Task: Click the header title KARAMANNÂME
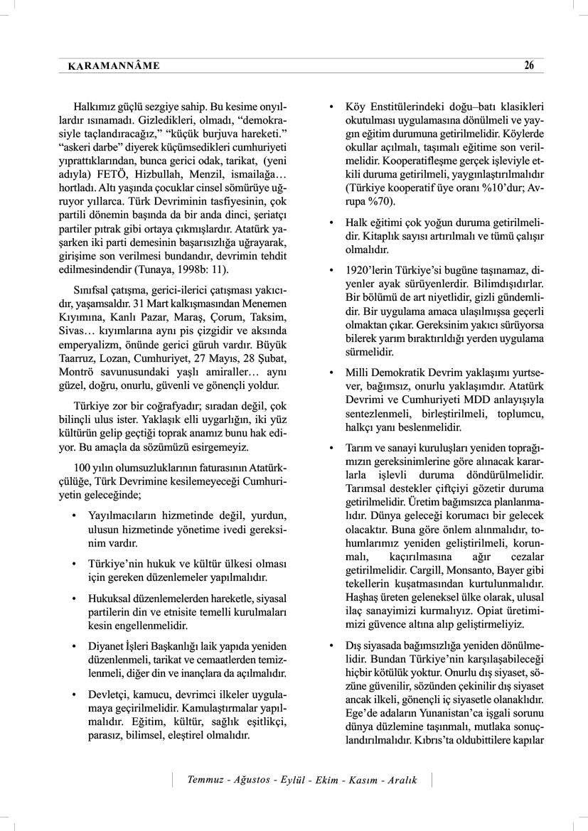click(x=113, y=66)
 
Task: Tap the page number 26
click(x=529, y=65)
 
